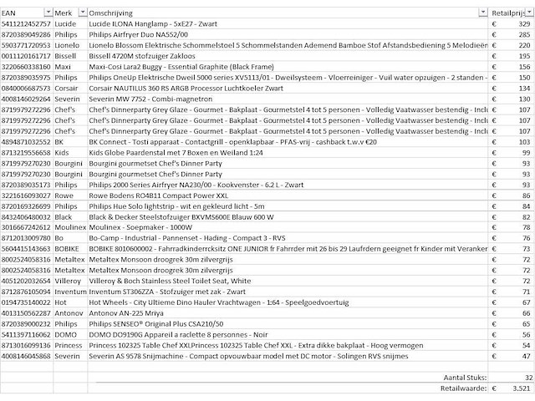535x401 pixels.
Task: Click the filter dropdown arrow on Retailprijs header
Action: [x=528, y=14]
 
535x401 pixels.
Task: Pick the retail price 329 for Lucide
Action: [x=523, y=25]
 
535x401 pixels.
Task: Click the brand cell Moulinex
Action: [x=69, y=226]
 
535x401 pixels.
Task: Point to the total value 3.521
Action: [x=520, y=388]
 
